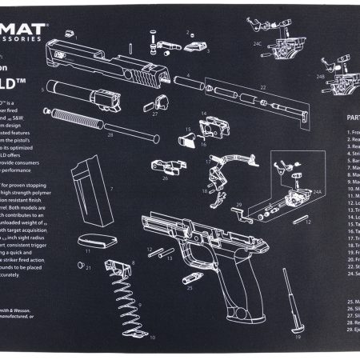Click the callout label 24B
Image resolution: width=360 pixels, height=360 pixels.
tap(320, 78)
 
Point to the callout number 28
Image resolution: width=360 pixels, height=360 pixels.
tap(110, 135)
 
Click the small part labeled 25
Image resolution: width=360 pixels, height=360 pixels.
tap(190, 279)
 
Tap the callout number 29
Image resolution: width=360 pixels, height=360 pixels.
tap(238, 206)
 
